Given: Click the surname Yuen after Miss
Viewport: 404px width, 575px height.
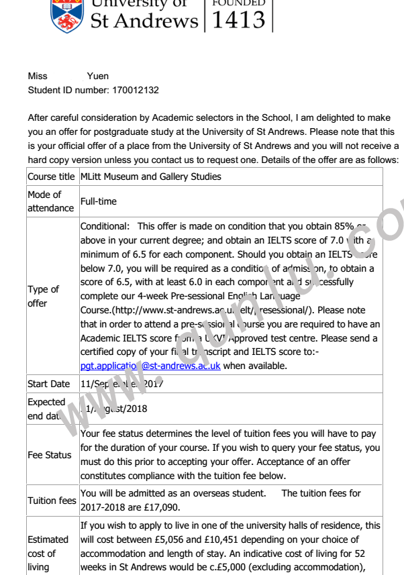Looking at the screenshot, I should [x=98, y=76].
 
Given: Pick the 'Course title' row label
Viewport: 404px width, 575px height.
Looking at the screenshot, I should [x=51, y=176].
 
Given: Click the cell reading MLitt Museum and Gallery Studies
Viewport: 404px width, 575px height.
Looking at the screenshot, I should [x=150, y=176].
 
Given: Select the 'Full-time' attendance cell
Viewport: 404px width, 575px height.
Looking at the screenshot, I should [x=98, y=201].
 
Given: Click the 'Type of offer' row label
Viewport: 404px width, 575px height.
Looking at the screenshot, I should [x=43, y=296].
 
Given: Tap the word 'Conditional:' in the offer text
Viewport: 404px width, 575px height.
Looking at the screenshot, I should [x=105, y=226].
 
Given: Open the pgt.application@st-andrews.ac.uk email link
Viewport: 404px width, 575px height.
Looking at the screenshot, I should [x=150, y=366].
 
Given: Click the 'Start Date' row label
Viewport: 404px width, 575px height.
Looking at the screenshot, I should [x=48, y=384].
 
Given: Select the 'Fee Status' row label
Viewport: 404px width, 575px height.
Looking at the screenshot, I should [x=49, y=455].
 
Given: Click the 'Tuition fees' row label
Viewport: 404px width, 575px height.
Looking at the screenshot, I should [x=52, y=501].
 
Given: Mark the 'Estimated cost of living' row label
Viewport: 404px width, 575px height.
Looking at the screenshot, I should [x=48, y=554].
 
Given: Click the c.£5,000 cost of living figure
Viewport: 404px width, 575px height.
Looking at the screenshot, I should [x=236, y=568].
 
